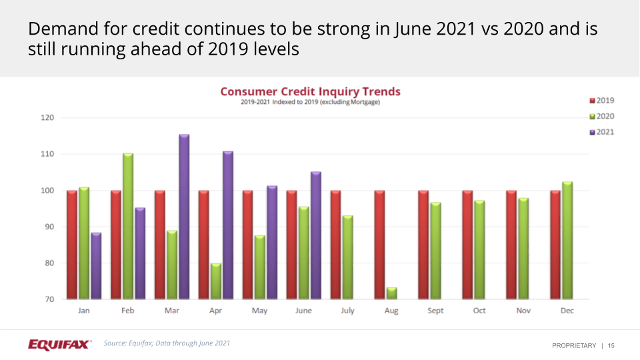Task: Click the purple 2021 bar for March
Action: [184, 217]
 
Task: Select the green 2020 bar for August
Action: [391, 293]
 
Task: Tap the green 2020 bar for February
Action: [128, 227]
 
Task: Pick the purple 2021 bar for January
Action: [96, 265]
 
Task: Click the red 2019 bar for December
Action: [555, 245]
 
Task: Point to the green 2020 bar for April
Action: [216, 281]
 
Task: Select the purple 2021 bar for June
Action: [316, 235]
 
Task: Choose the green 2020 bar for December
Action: [567, 240]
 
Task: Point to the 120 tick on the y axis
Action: [47, 118]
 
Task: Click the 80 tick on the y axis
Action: [49, 263]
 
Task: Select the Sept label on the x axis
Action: [435, 311]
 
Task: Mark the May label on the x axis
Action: [259, 311]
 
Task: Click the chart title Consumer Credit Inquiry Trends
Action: [310, 92]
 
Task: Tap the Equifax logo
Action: [59, 344]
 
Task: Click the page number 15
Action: [611, 345]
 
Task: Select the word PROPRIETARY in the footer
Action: [574, 345]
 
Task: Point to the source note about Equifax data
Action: [167, 343]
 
